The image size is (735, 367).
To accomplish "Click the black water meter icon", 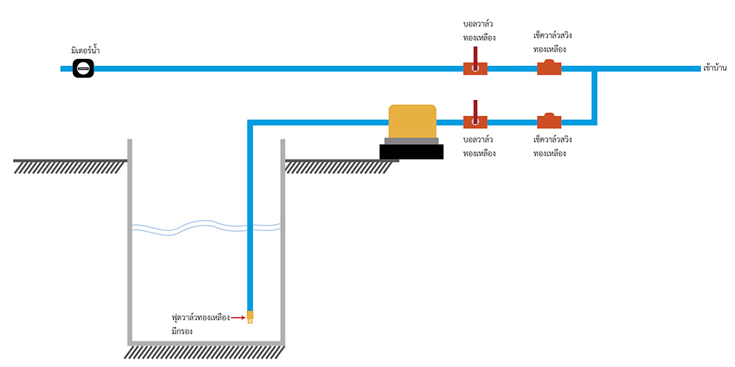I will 83,68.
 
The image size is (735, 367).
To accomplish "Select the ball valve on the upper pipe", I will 475,69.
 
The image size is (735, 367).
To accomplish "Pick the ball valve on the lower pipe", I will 475,122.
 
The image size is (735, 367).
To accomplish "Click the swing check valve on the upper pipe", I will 549,68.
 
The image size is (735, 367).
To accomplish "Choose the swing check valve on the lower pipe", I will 549,121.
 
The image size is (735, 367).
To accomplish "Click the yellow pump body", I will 413,121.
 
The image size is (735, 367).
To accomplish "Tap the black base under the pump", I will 411,152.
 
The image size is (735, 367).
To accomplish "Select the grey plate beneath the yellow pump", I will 412,141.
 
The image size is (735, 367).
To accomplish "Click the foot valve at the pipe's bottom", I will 250,317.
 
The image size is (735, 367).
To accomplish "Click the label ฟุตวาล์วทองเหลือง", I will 200,317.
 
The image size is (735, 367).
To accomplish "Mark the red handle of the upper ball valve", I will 475,54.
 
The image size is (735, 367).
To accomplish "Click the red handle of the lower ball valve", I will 475,108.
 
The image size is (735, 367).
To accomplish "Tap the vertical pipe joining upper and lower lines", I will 595,96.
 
